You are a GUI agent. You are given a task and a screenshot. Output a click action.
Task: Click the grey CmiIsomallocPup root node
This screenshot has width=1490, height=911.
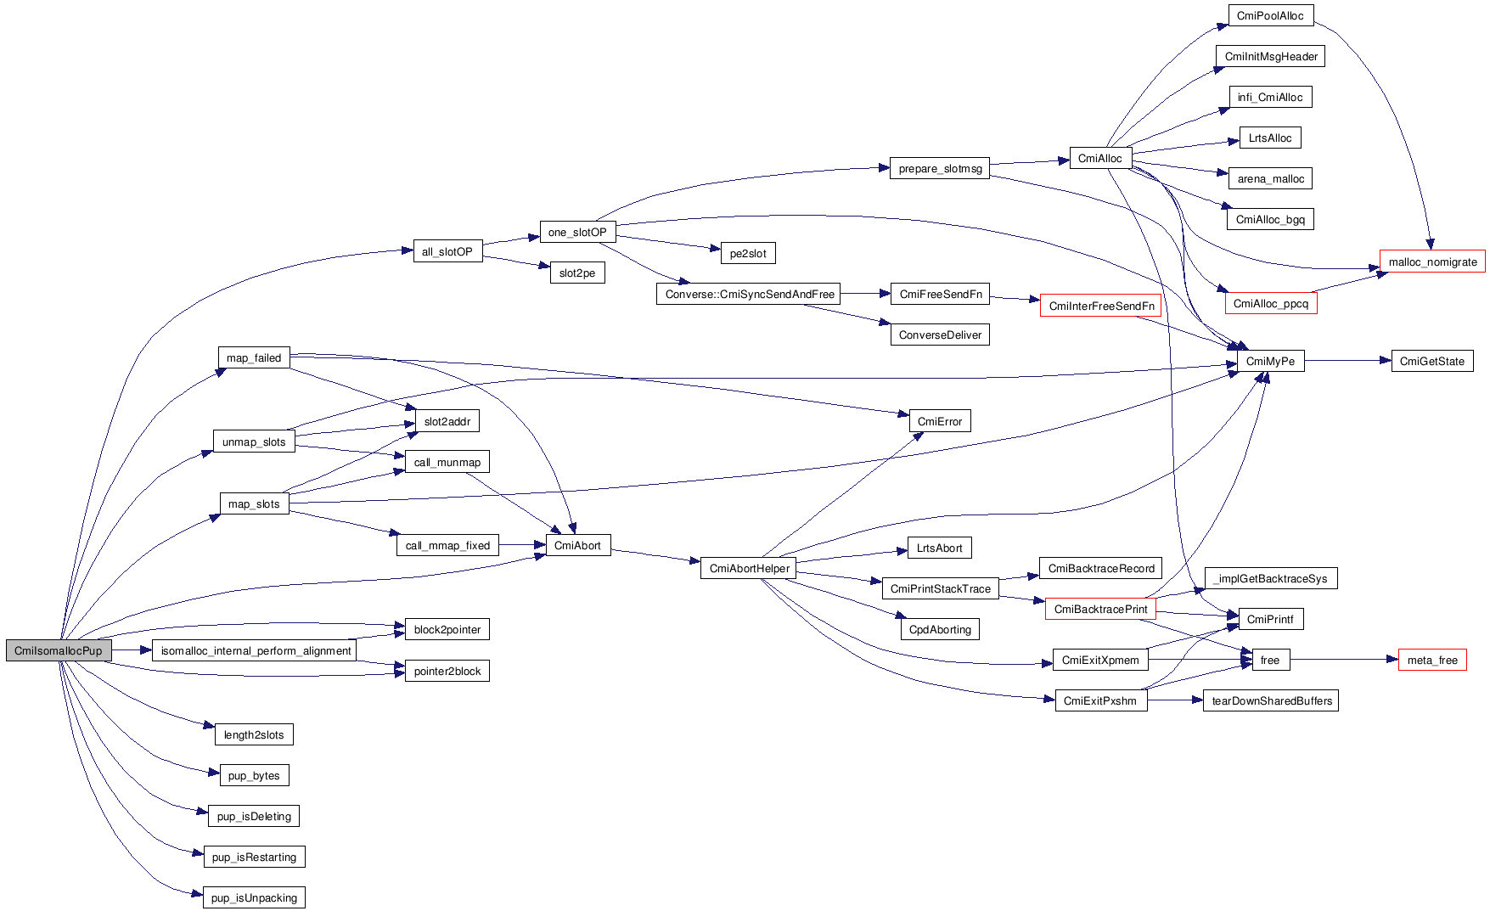point(59,650)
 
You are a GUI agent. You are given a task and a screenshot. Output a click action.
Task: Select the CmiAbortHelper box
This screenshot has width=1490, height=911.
point(749,569)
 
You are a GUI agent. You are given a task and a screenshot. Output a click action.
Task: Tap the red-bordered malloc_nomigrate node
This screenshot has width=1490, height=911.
point(1432,261)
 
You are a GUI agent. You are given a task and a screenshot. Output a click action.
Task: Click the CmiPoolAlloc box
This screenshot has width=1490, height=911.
point(1270,16)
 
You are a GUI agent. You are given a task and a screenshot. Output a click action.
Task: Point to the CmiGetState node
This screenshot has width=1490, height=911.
point(1431,362)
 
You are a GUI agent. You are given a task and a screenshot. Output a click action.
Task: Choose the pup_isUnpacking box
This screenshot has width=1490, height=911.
point(254,898)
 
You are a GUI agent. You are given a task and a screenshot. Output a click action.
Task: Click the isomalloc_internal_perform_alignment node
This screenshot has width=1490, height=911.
point(256,651)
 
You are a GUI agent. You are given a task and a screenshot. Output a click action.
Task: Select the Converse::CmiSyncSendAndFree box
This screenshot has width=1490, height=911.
point(750,295)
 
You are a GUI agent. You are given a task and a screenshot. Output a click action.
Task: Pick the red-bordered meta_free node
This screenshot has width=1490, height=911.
point(1431,661)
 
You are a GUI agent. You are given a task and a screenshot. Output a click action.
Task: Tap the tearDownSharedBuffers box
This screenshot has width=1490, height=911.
point(1271,701)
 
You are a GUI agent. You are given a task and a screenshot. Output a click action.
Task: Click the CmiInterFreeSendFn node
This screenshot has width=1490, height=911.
point(1101,306)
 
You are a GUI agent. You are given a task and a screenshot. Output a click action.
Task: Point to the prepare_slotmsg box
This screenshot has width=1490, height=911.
point(940,169)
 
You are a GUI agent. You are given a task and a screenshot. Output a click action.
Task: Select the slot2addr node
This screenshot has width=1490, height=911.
point(447,422)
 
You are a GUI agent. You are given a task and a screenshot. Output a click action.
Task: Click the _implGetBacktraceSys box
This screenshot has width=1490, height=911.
point(1271,579)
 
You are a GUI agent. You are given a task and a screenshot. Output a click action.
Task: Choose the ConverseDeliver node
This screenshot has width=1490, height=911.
point(940,335)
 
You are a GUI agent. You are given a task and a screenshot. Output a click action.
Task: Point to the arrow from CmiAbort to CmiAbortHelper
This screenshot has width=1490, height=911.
point(655,556)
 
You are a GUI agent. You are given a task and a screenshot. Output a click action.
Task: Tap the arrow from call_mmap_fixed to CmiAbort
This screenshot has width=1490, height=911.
point(522,545)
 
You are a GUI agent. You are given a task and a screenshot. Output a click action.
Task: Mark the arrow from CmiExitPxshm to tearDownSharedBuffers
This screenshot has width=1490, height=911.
point(1175,701)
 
